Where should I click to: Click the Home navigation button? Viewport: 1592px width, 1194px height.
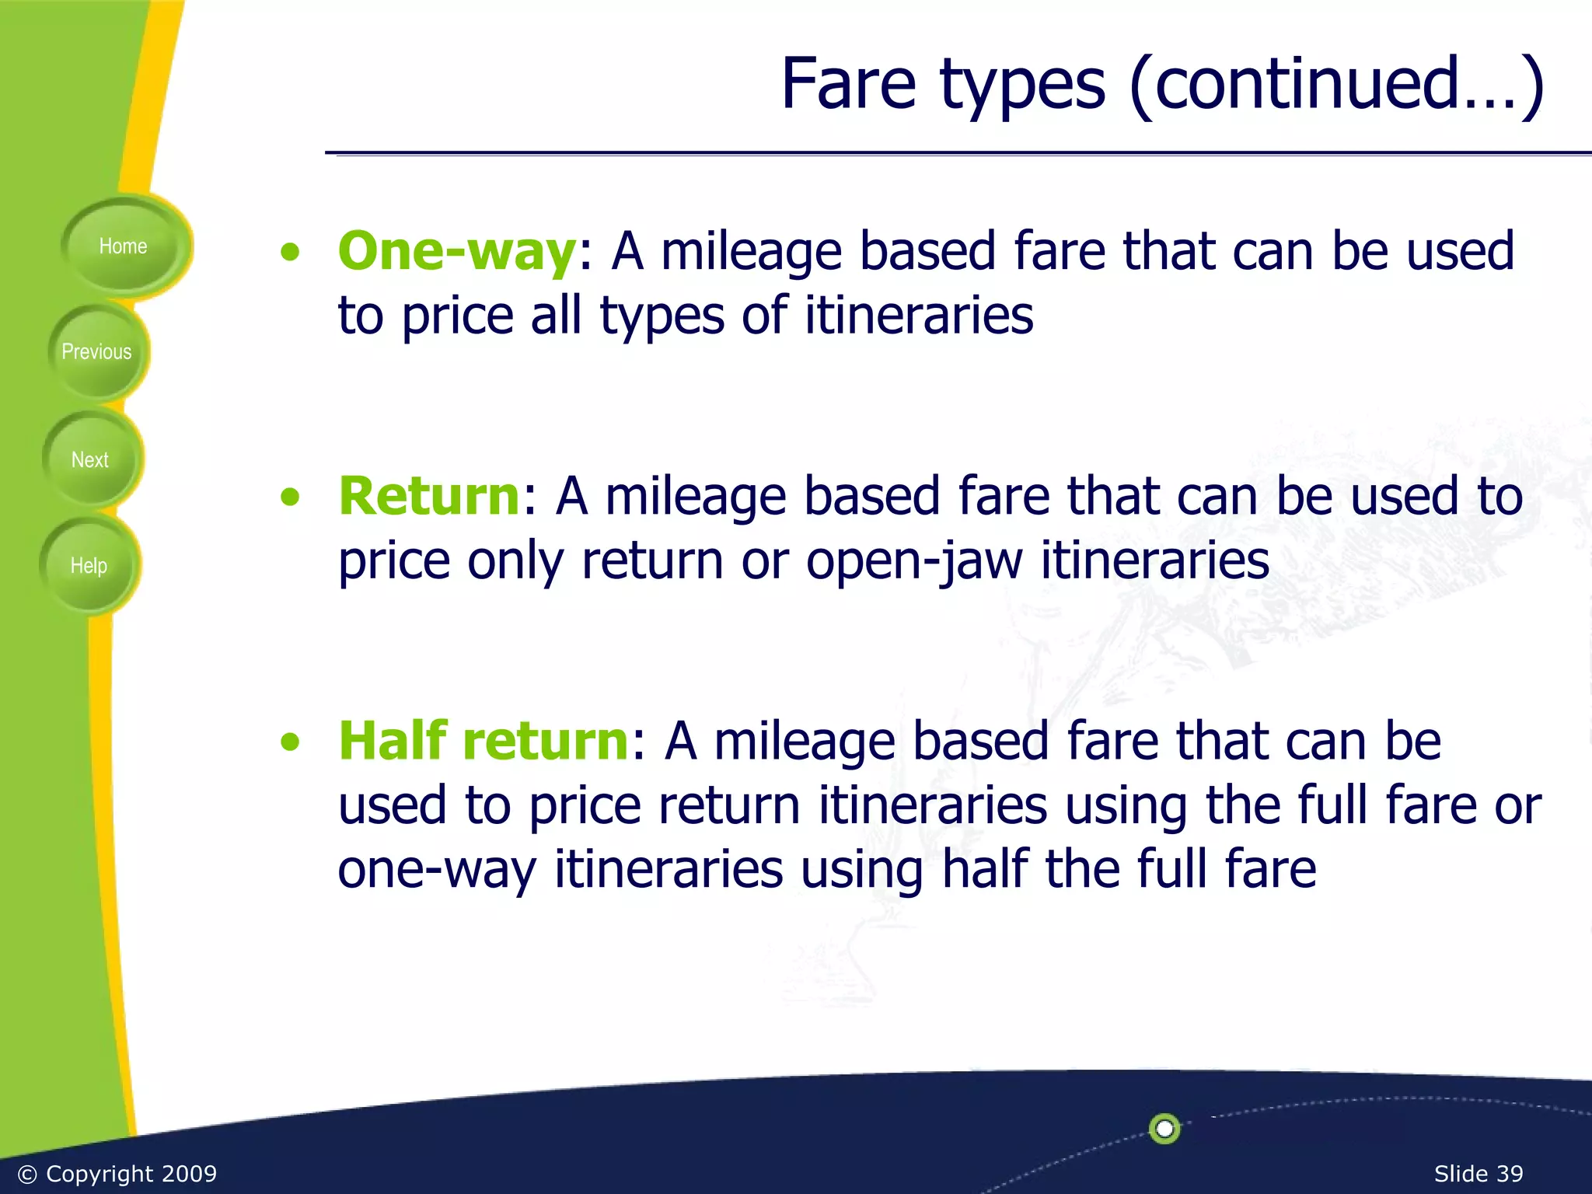pyautogui.click(x=123, y=246)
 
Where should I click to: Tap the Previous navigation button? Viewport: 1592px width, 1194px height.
pyautogui.click(x=96, y=352)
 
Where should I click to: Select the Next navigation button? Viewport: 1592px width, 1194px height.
pyautogui.click(x=90, y=459)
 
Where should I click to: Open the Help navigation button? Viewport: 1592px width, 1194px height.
pyautogui.click(x=89, y=565)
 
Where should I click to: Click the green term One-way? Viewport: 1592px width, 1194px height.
pyautogui.click(x=456, y=251)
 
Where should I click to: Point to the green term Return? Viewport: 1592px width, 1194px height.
pyautogui.click(x=429, y=496)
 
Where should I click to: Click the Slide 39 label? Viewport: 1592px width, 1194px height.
pyautogui.click(x=1478, y=1173)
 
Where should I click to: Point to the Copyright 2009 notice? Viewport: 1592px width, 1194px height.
pyautogui.click(x=117, y=1173)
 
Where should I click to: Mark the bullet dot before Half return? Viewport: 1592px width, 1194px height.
pyautogui.click(x=290, y=742)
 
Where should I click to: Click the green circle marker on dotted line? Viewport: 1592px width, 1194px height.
pyautogui.click(x=1164, y=1128)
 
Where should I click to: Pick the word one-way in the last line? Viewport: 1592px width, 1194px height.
pyautogui.click(x=437, y=869)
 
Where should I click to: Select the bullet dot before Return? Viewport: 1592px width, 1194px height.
pyautogui.click(x=290, y=497)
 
